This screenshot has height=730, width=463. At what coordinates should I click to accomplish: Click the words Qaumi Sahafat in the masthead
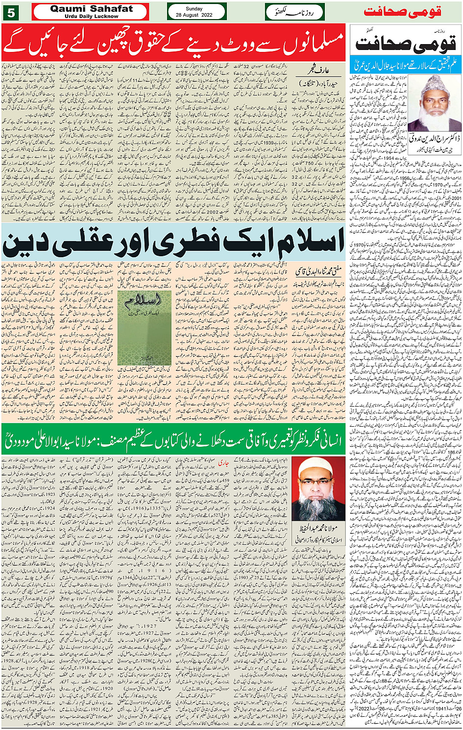click(92, 9)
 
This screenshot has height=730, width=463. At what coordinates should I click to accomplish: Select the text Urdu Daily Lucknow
click(92, 16)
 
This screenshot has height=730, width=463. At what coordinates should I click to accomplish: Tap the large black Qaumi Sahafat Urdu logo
click(406, 45)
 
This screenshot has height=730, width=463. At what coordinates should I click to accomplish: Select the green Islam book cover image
click(145, 328)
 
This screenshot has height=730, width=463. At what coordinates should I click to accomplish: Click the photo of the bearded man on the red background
click(318, 488)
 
